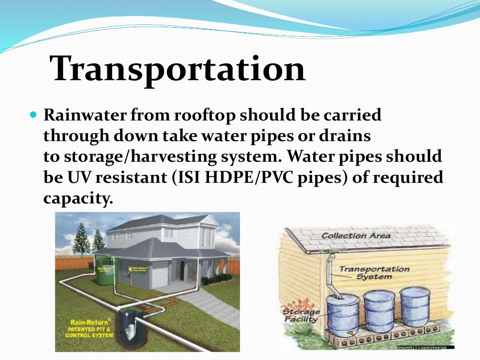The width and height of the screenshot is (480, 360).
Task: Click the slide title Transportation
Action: [178, 69]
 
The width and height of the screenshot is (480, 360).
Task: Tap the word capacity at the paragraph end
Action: [77, 199]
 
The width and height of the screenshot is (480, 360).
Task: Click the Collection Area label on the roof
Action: [356, 236]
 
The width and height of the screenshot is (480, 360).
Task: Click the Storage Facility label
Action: [300, 315]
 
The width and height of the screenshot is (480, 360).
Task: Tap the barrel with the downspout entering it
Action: [343, 314]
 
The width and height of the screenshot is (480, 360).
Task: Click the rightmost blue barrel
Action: [415, 306]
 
